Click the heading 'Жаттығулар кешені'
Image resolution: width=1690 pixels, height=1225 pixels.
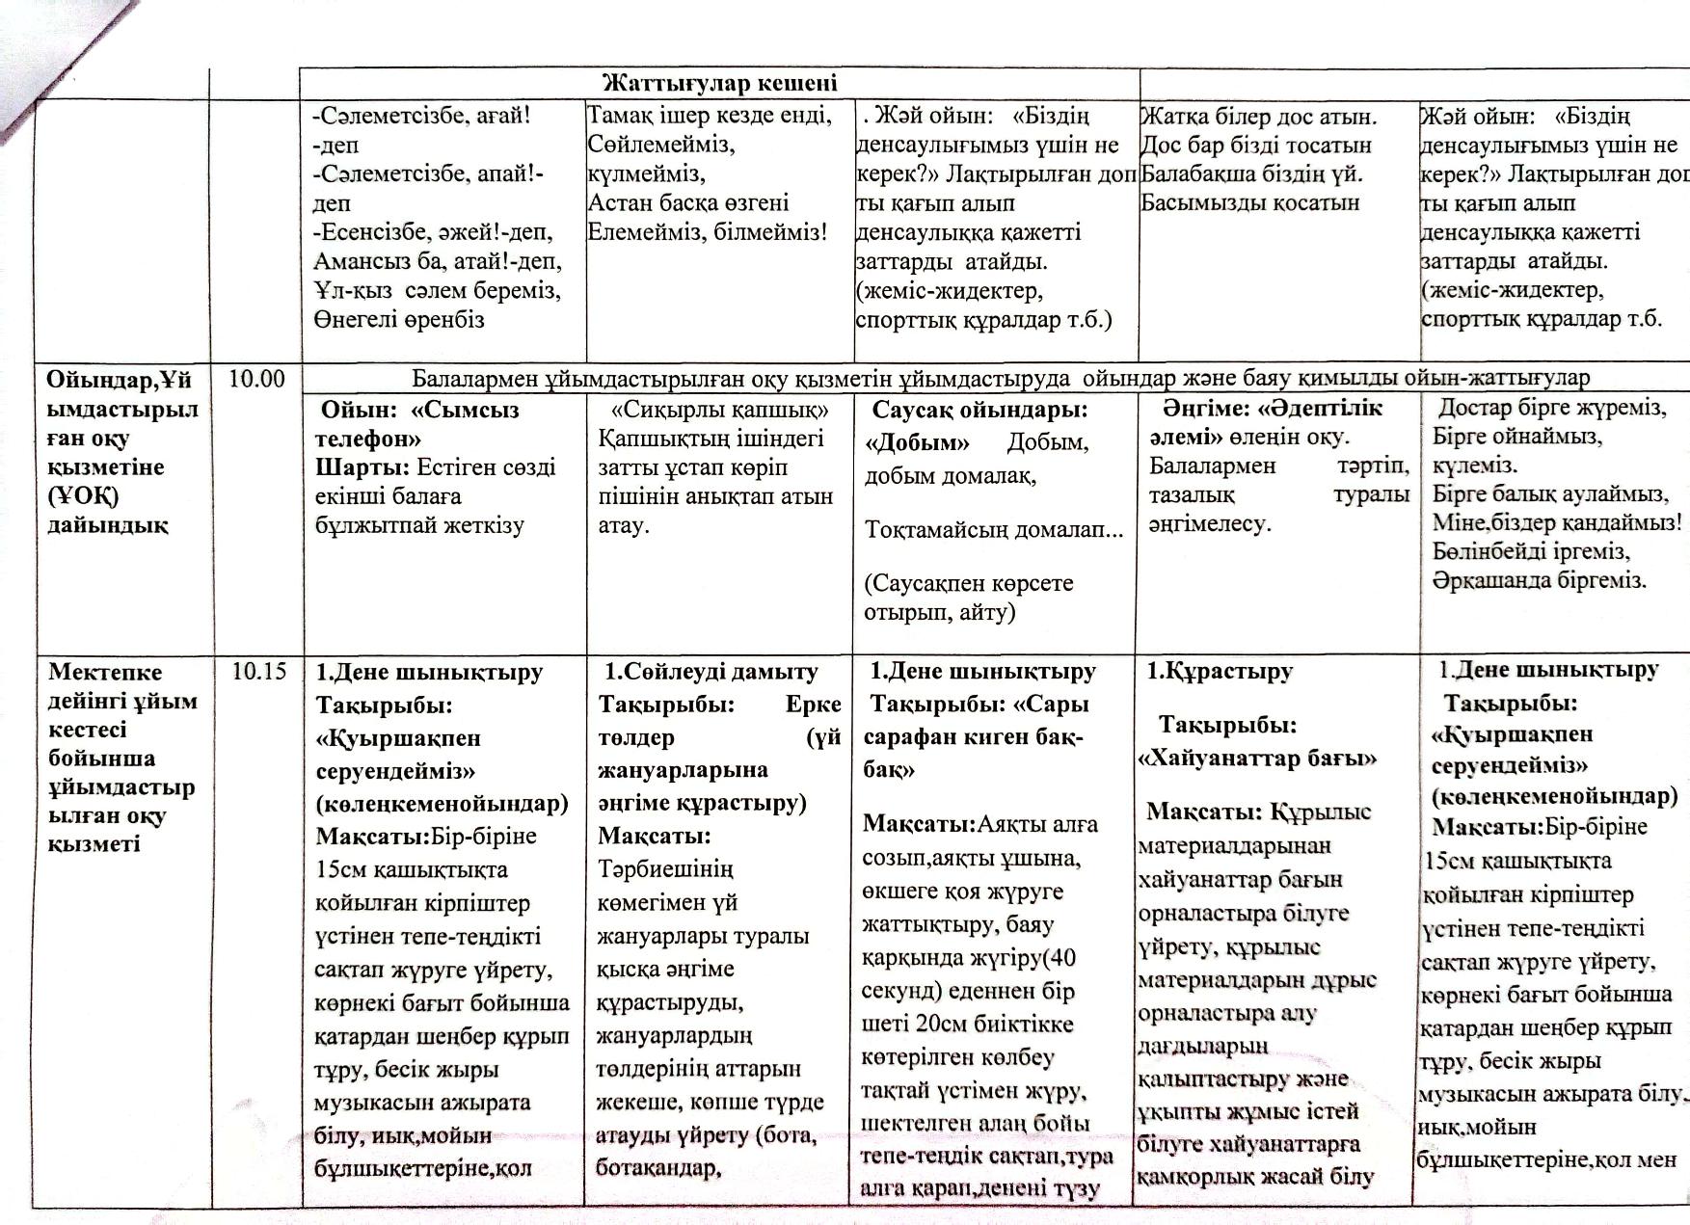point(719,83)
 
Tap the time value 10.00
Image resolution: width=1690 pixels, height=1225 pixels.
point(256,379)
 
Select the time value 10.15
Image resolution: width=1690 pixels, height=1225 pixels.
point(258,671)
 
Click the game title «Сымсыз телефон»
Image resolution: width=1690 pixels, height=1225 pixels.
point(417,424)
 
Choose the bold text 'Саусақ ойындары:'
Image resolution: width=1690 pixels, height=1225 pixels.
point(979,410)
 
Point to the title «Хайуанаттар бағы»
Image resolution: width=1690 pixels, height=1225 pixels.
point(1257,759)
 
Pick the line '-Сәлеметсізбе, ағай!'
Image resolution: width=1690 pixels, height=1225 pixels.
point(421,116)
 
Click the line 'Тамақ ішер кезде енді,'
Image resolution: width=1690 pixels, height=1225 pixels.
point(710,116)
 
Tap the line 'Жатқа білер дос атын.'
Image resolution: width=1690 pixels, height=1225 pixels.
point(1258,117)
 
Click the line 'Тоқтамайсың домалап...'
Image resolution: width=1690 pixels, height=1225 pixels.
point(994,530)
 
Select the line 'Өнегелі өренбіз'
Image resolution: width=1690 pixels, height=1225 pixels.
point(398,319)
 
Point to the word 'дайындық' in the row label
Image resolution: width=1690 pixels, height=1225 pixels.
point(107,525)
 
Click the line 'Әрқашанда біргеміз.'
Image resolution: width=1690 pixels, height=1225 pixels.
point(1539,580)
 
